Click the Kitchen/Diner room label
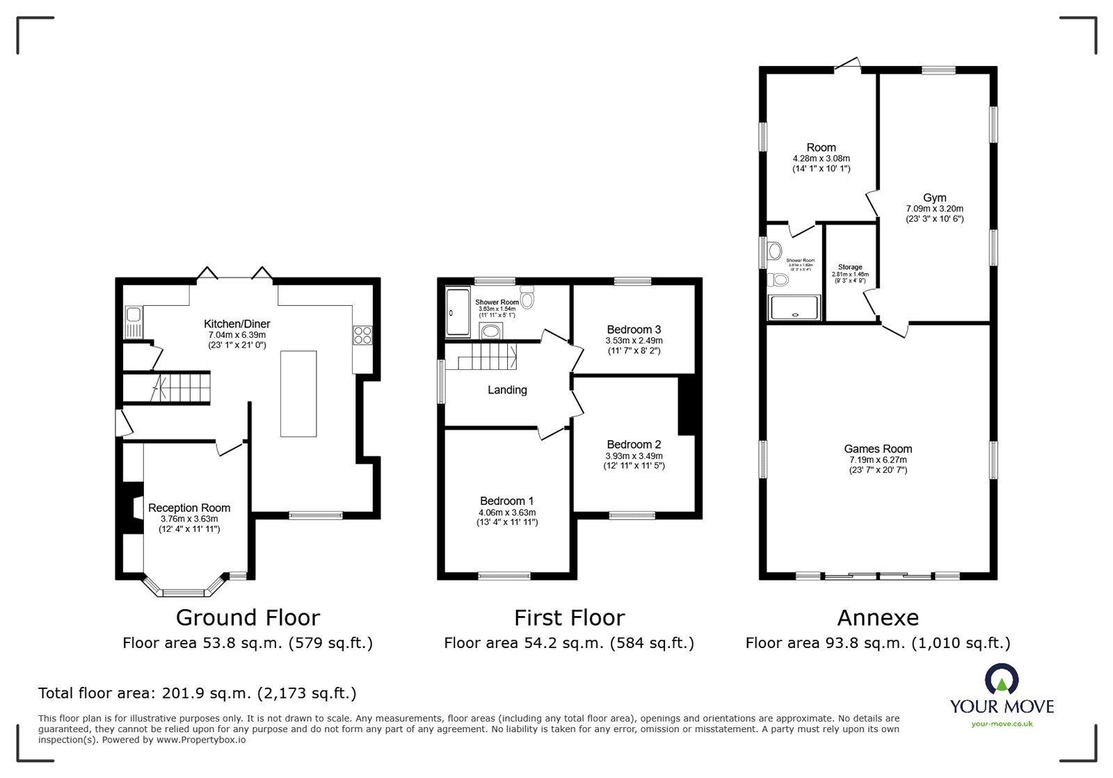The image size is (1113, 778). coord(237,324)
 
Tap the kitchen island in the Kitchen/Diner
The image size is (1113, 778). coord(298,394)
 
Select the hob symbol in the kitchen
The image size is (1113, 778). coord(362,336)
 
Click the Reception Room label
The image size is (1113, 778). coord(189,508)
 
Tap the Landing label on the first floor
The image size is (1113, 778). coord(507,390)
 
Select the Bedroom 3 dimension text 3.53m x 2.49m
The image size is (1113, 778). coord(634,341)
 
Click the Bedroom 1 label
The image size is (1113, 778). coord(507,501)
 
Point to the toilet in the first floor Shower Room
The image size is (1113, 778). coord(527,299)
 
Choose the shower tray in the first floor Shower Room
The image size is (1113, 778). coord(458,313)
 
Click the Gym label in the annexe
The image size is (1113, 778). coord(935,198)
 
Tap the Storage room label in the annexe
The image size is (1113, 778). coord(850,267)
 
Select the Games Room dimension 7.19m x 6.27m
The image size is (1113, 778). coord(878,460)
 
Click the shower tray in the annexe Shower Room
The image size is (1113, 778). coord(794,308)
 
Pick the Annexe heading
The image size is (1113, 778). coord(878,617)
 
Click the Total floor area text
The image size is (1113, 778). coord(198,693)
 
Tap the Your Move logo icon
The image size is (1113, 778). coord(1002,680)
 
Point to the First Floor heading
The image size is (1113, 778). coord(569,617)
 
